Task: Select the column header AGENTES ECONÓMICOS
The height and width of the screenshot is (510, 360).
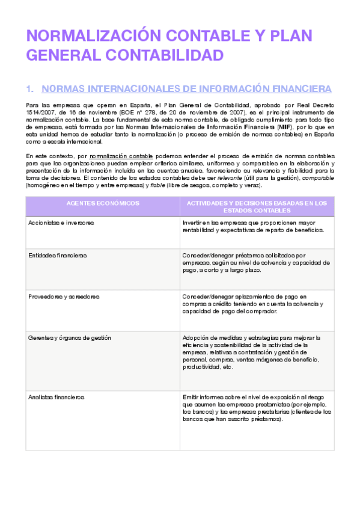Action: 102,203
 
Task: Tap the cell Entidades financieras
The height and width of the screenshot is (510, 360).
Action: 58,255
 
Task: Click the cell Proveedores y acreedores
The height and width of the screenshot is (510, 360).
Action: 64,296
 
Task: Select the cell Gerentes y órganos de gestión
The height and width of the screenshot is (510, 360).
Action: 70,338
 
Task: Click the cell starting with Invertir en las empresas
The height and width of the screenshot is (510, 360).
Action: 254,226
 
